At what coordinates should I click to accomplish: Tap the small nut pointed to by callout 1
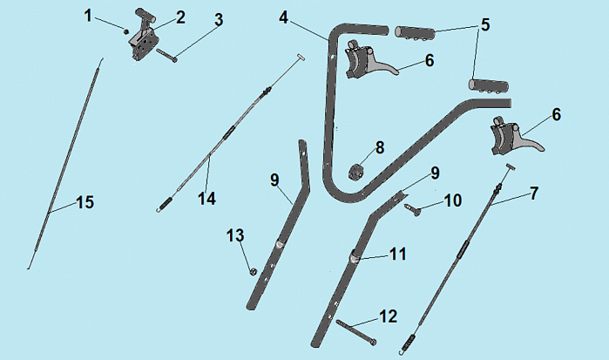click(x=126, y=31)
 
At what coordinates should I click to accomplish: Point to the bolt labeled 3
click(x=167, y=55)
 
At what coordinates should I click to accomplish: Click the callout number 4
click(x=284, y=17)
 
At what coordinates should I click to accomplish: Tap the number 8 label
click(x=380, y=146)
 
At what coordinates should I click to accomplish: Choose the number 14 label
click(x=206, y=198)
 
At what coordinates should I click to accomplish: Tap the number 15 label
click(x=85, y=202)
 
